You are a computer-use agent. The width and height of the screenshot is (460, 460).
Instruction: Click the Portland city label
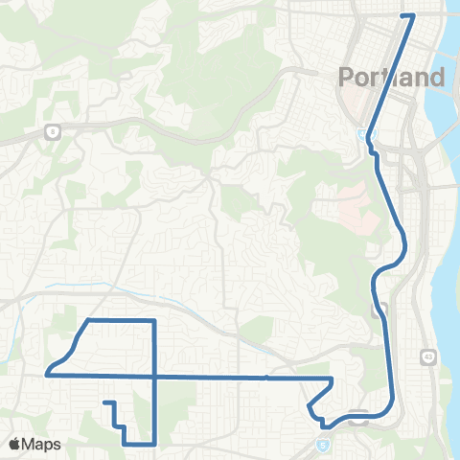pyautogui.click(x=392, y=78)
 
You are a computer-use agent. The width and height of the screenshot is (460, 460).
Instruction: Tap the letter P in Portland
pyautogui.click(x=347, y=78)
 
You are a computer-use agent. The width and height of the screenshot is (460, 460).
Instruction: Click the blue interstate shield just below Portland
pyautogui.click(x=362, y=135)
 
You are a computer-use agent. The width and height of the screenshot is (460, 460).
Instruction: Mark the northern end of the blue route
pyautogui.click(x=412, y=15)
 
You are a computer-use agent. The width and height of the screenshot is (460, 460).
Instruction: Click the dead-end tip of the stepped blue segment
pyautogui.click(x=103, y=402)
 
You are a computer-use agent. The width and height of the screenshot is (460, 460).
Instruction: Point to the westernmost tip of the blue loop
pyautogui.click(x=46, y=373)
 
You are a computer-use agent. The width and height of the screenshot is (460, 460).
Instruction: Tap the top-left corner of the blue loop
pyautogui.click(x=88, y=319)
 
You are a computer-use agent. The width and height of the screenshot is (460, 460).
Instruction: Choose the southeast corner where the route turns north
pyautogui.click(x=155, y=444)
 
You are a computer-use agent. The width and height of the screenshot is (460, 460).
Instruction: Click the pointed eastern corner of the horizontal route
pyautogui.click(x=333, y=380)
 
